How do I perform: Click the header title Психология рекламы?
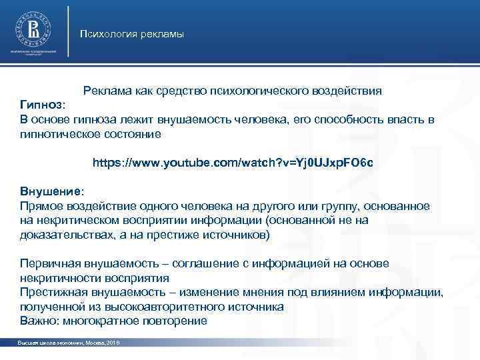tap(132, 34)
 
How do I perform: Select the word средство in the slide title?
tap(180, 91)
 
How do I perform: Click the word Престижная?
tap(53, 292)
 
